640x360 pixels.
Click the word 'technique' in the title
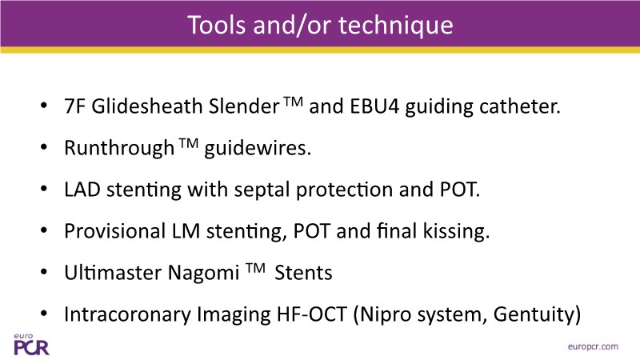tap(396, 26)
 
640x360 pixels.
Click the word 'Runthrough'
tap(119, 148)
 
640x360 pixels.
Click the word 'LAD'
tap(82, 190)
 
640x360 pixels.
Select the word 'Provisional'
tap(114, 231)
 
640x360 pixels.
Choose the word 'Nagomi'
tap(204, 274)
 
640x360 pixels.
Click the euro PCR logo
tap(31, 345)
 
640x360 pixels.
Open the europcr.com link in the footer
tap(593, 346)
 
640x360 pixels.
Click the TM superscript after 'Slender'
tap(294, 102)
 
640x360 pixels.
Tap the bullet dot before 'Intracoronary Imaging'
tap(44, 314)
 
